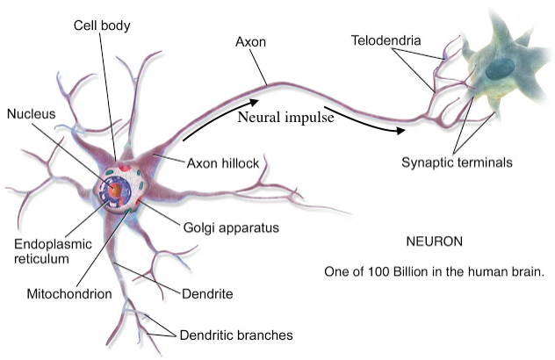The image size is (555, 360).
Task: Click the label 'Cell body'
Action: point(103,25)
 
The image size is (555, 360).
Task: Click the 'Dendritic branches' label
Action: point(235,335)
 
